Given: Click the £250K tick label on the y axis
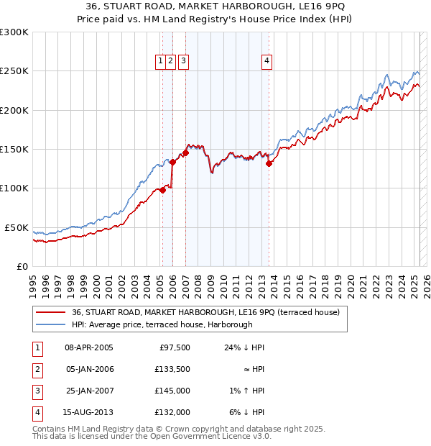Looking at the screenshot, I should pos(14,71).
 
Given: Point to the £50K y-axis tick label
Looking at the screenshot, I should pos(17,227).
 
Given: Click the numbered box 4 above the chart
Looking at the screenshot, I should pos(267,62).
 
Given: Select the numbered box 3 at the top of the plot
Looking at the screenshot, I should pos(183,62).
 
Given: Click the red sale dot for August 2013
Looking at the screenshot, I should pos(269,163).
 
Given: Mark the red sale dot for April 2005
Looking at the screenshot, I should pos(163,190).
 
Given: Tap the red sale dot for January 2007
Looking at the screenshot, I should pos(185,153).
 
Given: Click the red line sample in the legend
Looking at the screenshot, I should pos(50,312).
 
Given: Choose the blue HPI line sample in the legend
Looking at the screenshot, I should pos(50,324).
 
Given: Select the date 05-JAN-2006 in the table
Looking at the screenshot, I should pos(89,370).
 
